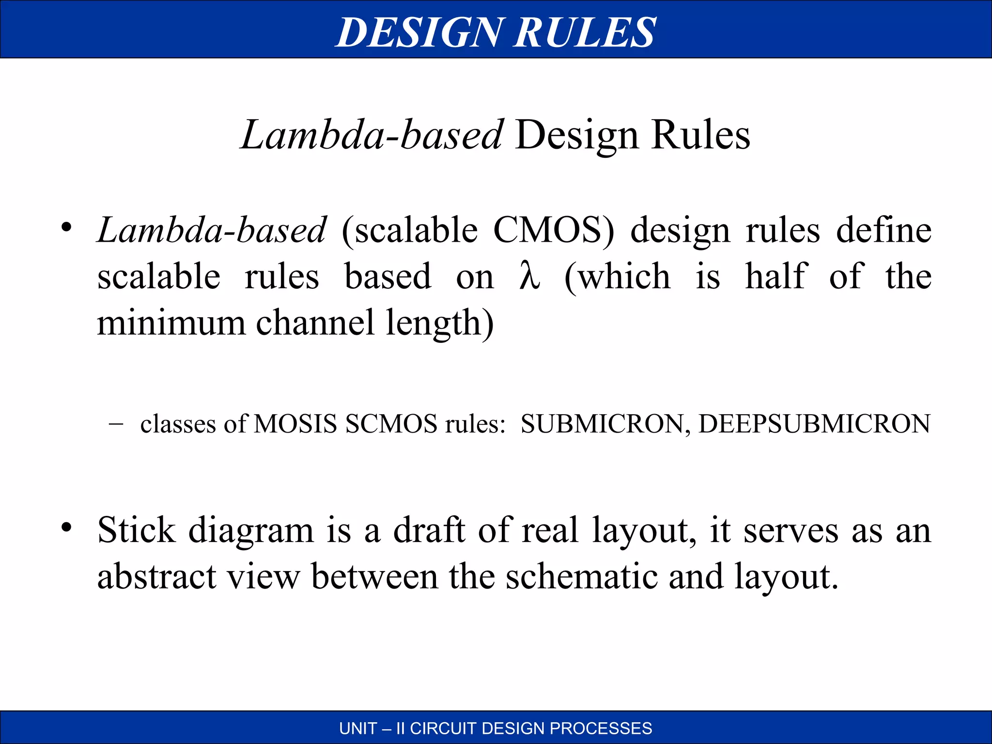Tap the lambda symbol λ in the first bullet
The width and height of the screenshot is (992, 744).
[529, 276]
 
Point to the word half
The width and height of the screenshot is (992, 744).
[776, 276]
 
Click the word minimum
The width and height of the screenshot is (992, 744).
[171, 322]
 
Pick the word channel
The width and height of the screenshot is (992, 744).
[315, 322]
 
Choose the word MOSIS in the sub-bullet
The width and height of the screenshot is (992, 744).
[295, 424]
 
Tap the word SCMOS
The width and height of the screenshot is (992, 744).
[391, 424]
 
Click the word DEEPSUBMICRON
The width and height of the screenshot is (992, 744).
[814, 424]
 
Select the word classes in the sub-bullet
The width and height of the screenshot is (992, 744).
[178, 424]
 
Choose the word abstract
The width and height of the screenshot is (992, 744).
[156, 576]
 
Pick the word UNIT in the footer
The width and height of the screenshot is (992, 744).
[358, 728]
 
